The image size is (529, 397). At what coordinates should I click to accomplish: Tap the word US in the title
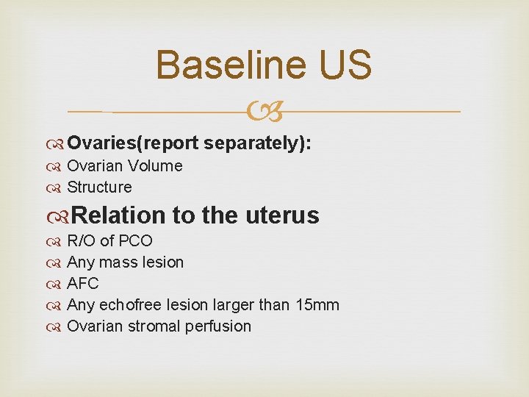[x=345, y=65]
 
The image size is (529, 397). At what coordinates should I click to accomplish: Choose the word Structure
[x=99, y=187]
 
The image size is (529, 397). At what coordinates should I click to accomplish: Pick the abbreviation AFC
[x=82, y=284]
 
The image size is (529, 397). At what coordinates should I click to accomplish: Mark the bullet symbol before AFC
[x=57, y=284]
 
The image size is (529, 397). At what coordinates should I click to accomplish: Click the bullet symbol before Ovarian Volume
[x=57, y=166]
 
